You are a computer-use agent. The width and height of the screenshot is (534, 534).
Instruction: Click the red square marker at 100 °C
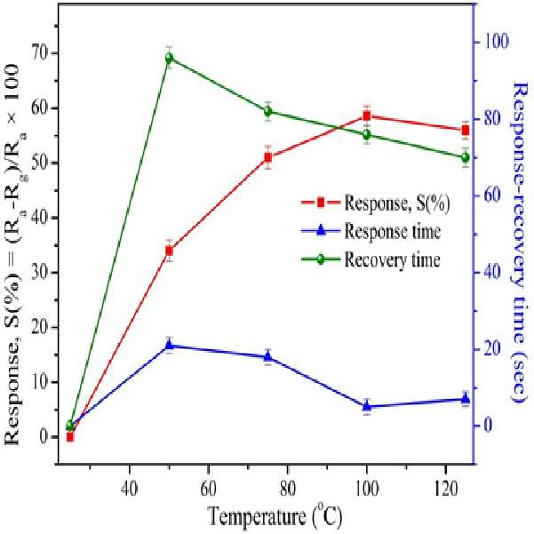click(x=366, y=116)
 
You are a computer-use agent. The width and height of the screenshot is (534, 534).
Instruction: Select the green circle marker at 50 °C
click(x=169, y=58)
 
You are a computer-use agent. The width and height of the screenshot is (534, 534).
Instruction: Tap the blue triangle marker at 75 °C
click(x=268, y=356)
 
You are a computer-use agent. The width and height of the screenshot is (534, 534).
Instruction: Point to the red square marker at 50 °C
click(x=169, y=251)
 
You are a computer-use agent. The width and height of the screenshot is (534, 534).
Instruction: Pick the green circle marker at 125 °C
click(x=466, y=157)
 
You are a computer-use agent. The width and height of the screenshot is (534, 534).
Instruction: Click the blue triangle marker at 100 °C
click(x=367, y=406)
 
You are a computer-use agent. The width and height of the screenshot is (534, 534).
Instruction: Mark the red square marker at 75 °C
click(x=268, y=157)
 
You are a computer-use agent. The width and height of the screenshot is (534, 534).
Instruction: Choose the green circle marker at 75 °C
click(x=268, y=111)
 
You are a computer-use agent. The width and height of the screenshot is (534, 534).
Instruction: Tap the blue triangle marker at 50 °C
click(x=169, y=345)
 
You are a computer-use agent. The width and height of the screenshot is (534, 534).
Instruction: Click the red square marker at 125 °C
click(x=466, y=131)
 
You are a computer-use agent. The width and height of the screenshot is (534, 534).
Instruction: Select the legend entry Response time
click(x=371, y=231)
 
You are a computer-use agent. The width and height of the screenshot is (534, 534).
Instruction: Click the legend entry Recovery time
click(x=371, y=259)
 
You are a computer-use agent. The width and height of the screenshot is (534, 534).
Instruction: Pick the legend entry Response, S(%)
click(x=376, y=203)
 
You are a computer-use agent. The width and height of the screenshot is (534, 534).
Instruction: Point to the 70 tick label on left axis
click(x=41, y=53)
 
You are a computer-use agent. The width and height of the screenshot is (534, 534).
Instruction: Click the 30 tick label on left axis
click(x=41, y=273)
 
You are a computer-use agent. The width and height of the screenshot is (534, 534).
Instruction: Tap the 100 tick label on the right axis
click(x=496, y=42)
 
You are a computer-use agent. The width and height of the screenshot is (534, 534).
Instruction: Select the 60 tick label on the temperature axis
click(x=208, y=489)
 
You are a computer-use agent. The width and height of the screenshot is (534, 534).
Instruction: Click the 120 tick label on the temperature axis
click(x=445, y=489)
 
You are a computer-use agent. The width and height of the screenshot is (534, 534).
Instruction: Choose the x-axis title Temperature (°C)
click(x=275, y=516)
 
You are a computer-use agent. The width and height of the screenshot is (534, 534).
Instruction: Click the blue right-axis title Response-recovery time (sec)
click(x=520, y=243)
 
